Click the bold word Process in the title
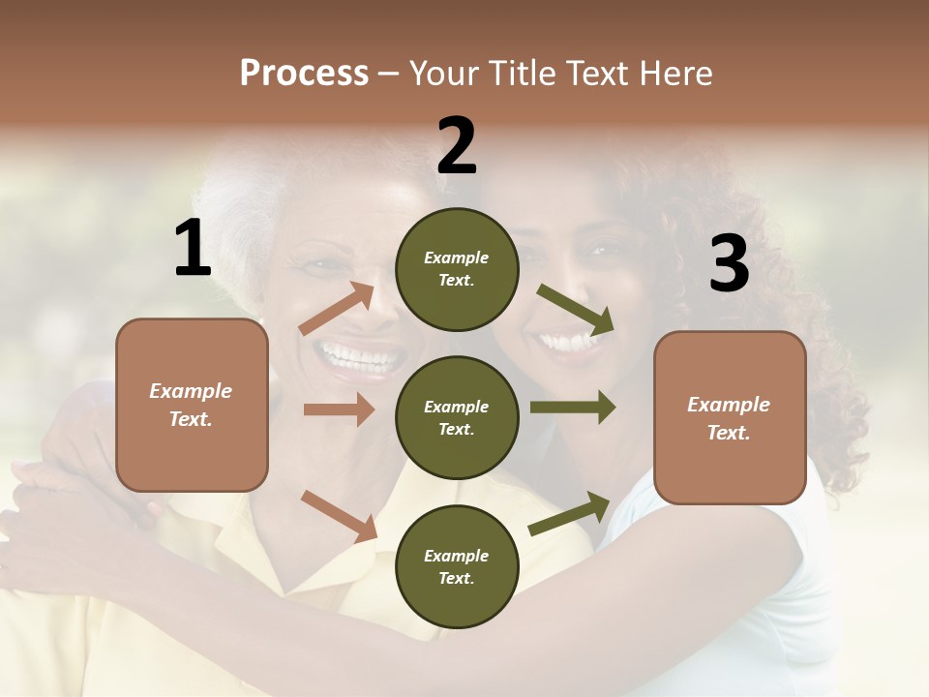(x=304, y=74)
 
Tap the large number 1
(x=193, y=248)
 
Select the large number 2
(x=457, y=145)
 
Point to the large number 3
(x=729, y=263)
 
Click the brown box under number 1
(x=192, y=405)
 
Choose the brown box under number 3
(x=730, y=418)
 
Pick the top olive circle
(x=457, y=269)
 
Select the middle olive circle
(x=457, y=417)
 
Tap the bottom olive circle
(x=457, y=566)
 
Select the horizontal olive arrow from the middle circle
(x=572, y=408)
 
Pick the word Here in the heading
(x=676, y=74)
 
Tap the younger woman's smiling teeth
(x=567, y=341)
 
